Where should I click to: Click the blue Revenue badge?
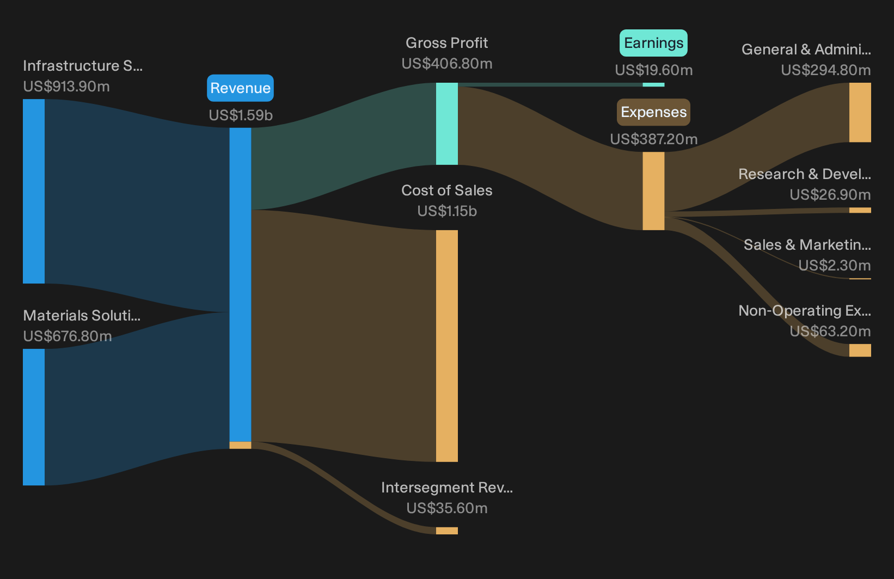click(240, 88)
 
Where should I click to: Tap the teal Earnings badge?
click(653, 42)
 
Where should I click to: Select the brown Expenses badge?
click(653, 112)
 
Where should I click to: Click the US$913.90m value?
click(66, 87)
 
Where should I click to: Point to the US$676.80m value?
click(67, 336)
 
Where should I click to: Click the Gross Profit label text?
click(446, 42)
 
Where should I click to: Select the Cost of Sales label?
click(446, 190)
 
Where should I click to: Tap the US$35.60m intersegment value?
click(446, 508)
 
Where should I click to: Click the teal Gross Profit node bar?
click(446, 124)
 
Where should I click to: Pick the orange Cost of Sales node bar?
click(446, 346)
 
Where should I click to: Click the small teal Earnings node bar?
click(653, 84)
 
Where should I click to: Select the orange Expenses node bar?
click(653, 191)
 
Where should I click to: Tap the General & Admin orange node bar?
click(860, 113)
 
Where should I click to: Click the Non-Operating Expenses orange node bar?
click(860, 350)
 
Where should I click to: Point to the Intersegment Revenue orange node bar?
click(446, 531)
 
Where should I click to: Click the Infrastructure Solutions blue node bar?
click(34, 191)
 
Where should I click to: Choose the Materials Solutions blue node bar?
click(34, 417)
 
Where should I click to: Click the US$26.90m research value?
click(830, 195)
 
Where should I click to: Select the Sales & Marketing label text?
click(807, 245)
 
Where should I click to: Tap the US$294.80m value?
click(826, 70)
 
